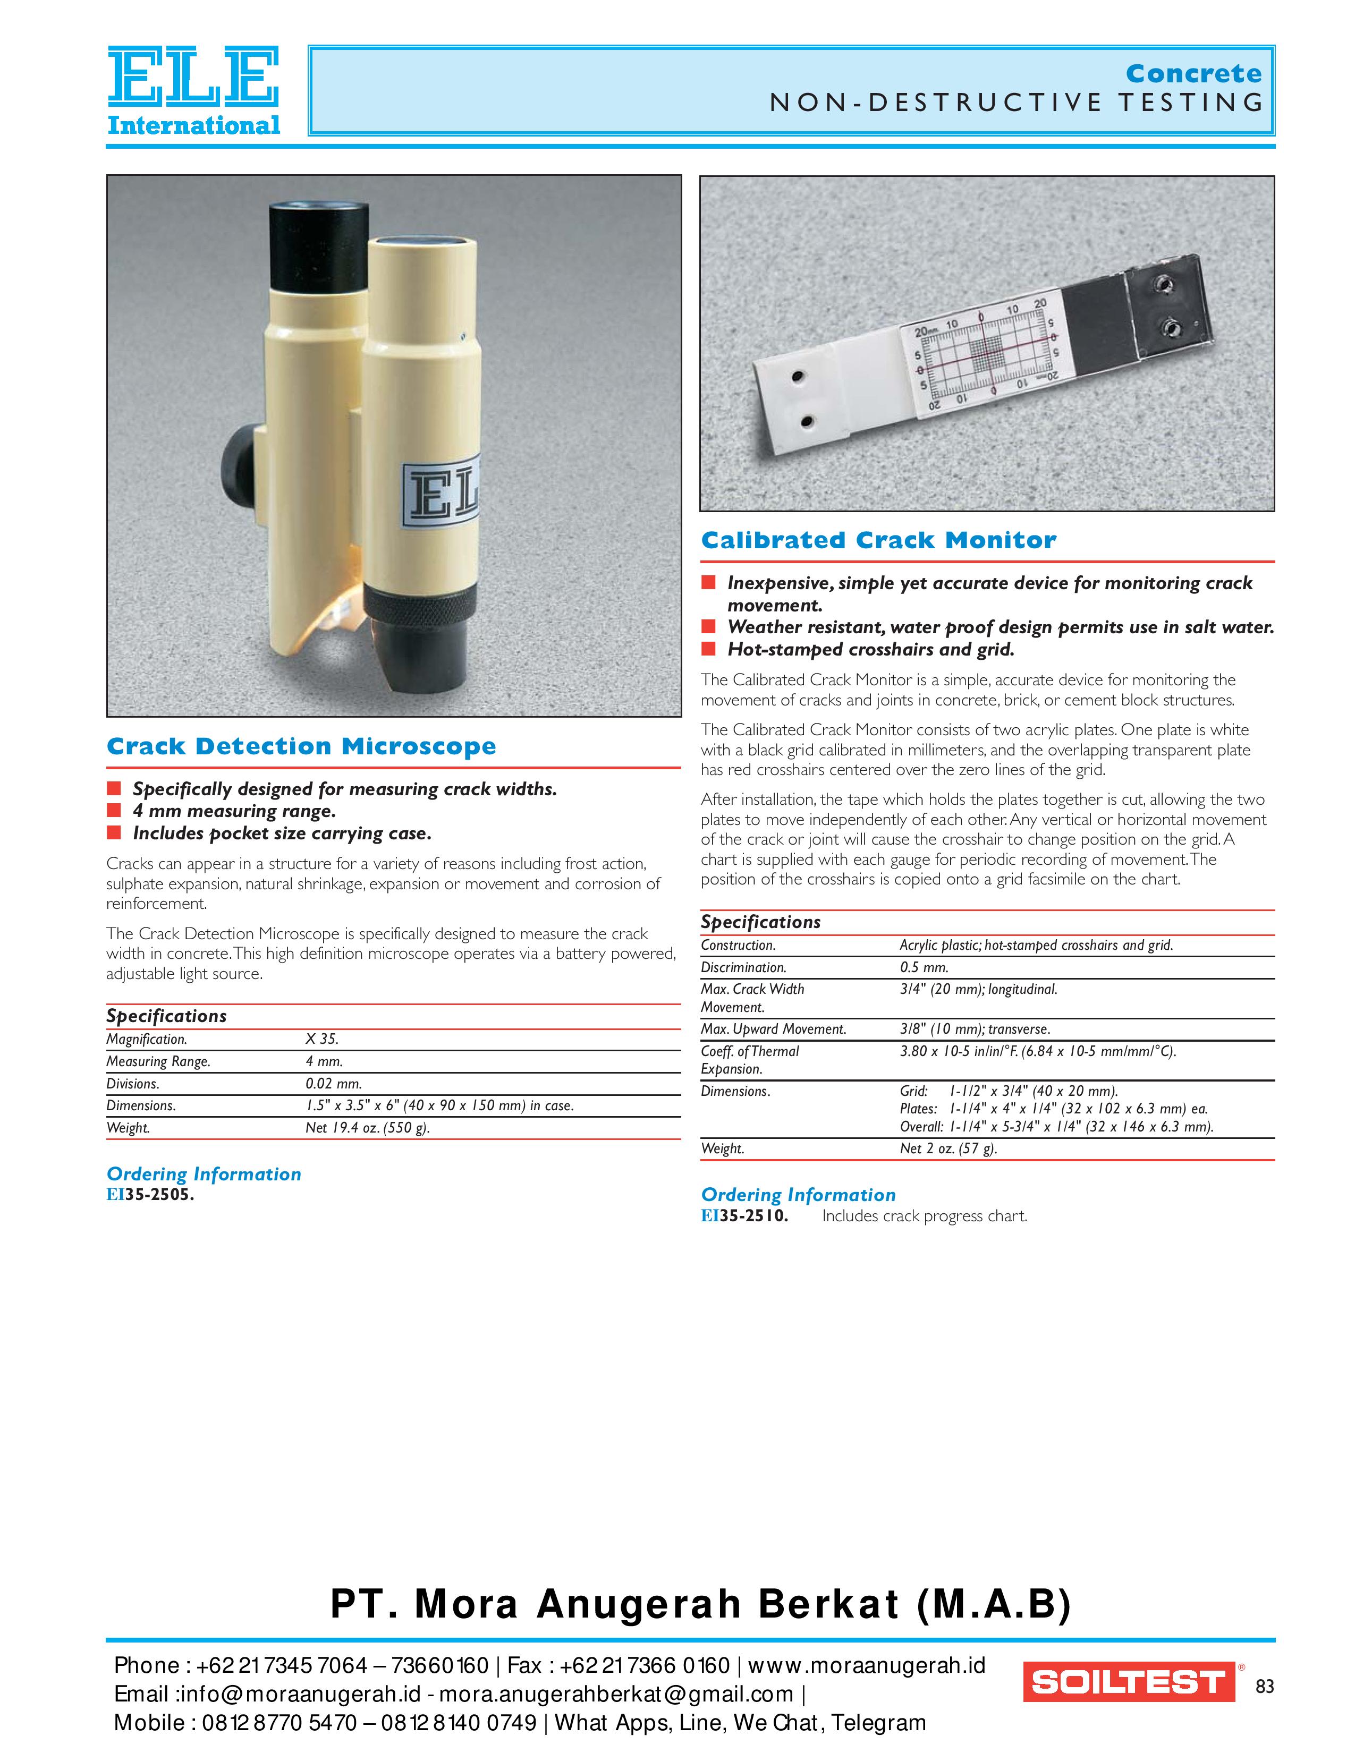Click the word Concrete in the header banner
click(1193, 74)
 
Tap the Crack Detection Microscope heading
click(301, 746)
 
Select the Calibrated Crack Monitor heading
click(878, 540)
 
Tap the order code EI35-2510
click(744, 1215)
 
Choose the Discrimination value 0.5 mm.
click(924, 967)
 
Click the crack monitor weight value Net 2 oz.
click(948, 1148)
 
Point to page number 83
click(1264, 1687)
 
